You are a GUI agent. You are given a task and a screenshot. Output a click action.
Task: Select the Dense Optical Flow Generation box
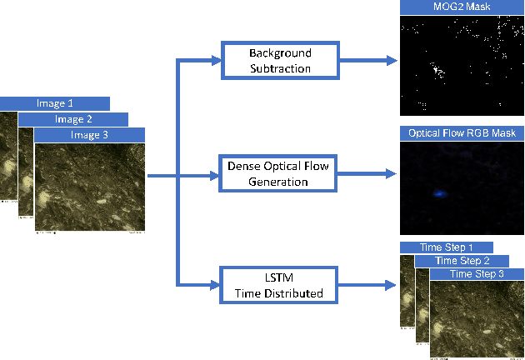[277, 173]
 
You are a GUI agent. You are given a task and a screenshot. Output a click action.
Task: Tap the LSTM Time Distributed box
[277, 284]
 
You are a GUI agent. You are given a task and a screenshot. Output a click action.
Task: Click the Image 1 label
[55, 103]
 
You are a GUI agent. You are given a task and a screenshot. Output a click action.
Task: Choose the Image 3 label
[90, 134]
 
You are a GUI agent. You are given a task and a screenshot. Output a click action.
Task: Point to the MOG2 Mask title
[462, 7]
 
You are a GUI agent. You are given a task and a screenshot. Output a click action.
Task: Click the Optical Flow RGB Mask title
[462, 132]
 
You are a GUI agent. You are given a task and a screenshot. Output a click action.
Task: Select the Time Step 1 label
[446, 247]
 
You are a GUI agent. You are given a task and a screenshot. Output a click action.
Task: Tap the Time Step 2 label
[464, 261]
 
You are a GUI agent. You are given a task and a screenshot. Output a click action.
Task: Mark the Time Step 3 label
[477, 273]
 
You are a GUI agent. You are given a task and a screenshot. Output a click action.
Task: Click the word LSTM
[278, 277]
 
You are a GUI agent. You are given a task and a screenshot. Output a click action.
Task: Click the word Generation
[278, 182]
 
